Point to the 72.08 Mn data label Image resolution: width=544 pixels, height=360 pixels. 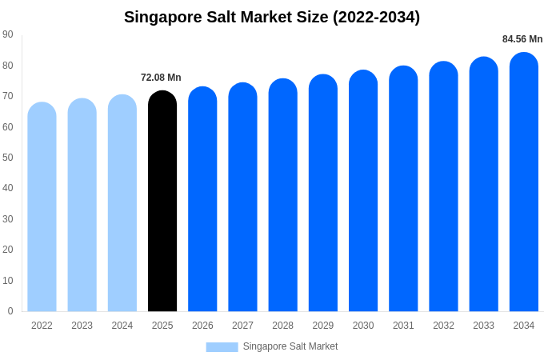[x=161, y=78]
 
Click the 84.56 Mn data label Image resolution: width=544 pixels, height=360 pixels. [x=522, y=39]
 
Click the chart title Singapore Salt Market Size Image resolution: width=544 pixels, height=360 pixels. [x=272, y=17]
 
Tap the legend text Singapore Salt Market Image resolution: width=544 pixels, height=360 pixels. [x=290, y=346]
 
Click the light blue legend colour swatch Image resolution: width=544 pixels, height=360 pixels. [x=222, y=347]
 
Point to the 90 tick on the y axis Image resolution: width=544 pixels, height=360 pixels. [x=8, y=34]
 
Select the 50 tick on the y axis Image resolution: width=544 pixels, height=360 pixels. [x=8, y=158]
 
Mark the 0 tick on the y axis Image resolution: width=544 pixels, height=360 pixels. [x=10, y=311]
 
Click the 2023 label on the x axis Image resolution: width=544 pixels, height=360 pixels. [x=82, y=326]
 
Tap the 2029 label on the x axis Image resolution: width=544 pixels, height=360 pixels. [x=323, y=326]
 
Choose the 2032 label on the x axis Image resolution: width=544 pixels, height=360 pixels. [x=443, y=326]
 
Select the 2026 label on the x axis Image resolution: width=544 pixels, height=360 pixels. [x=202, y=326]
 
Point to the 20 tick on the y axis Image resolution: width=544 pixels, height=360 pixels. [x=8, y=250]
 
